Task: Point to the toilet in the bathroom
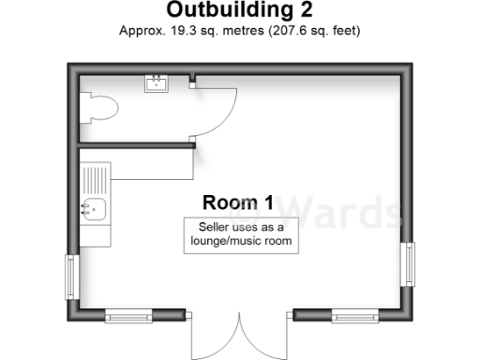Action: point(97,108)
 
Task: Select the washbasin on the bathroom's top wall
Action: point(157,84)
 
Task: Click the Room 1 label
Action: point(239,202)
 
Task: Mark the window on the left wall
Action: point(70,277)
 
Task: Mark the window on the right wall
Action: point(409,264)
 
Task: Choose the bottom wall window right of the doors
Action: point(354,316)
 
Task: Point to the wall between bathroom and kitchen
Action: point(137,144)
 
